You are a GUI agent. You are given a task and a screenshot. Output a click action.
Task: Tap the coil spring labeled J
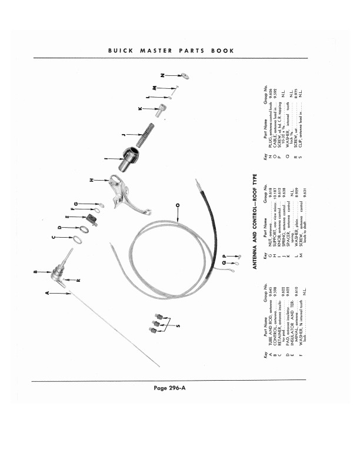point(146,136)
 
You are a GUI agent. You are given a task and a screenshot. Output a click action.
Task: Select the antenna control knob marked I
point(130,159)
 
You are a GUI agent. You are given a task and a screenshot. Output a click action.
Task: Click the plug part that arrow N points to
point(184,75)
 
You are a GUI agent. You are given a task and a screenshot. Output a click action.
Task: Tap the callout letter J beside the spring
point(123,135)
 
